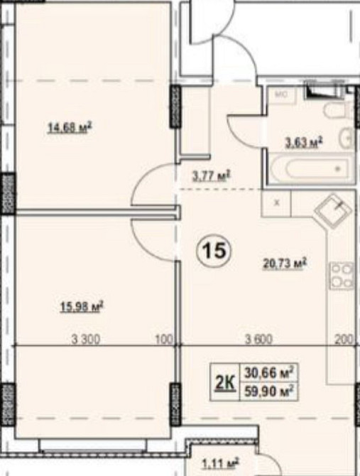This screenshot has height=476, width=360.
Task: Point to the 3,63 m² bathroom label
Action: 304,142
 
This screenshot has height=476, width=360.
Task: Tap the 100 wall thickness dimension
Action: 164,340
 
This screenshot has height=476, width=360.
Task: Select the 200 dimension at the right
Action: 344,340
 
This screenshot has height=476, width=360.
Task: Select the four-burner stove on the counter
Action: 340,276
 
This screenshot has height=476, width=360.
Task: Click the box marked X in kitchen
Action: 276,202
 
